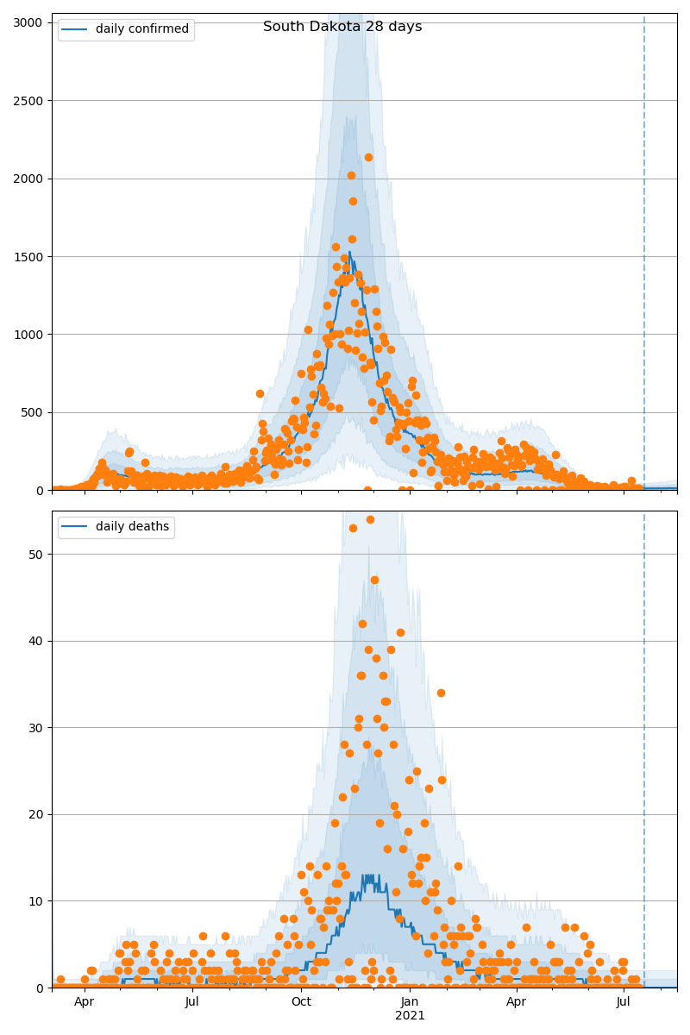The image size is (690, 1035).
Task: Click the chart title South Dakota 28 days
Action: [x=342, y=27]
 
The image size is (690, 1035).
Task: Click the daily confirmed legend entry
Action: [x=126, y=29]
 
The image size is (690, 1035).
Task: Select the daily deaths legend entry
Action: [x=116, y=527]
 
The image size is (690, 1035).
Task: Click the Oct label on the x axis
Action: [x=301, y=1001]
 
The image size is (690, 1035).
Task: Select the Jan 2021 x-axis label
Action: [x=410, y=1008]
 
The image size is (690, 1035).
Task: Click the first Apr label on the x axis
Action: [x=84, y=1001]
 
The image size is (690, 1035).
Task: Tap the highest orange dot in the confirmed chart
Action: [x=368, y=157]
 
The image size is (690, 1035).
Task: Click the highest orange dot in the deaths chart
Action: [x=370, y=519]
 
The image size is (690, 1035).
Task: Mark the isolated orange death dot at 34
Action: [x=441, y=693]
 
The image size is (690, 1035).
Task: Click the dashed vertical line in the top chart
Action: [x=644, y=259]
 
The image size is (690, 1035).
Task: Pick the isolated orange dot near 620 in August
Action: [x=260, y=393]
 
